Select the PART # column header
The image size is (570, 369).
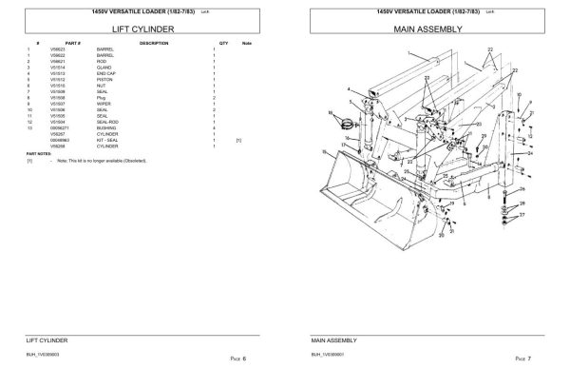74,44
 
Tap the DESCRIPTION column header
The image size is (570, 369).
154,44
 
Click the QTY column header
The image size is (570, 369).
223,44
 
